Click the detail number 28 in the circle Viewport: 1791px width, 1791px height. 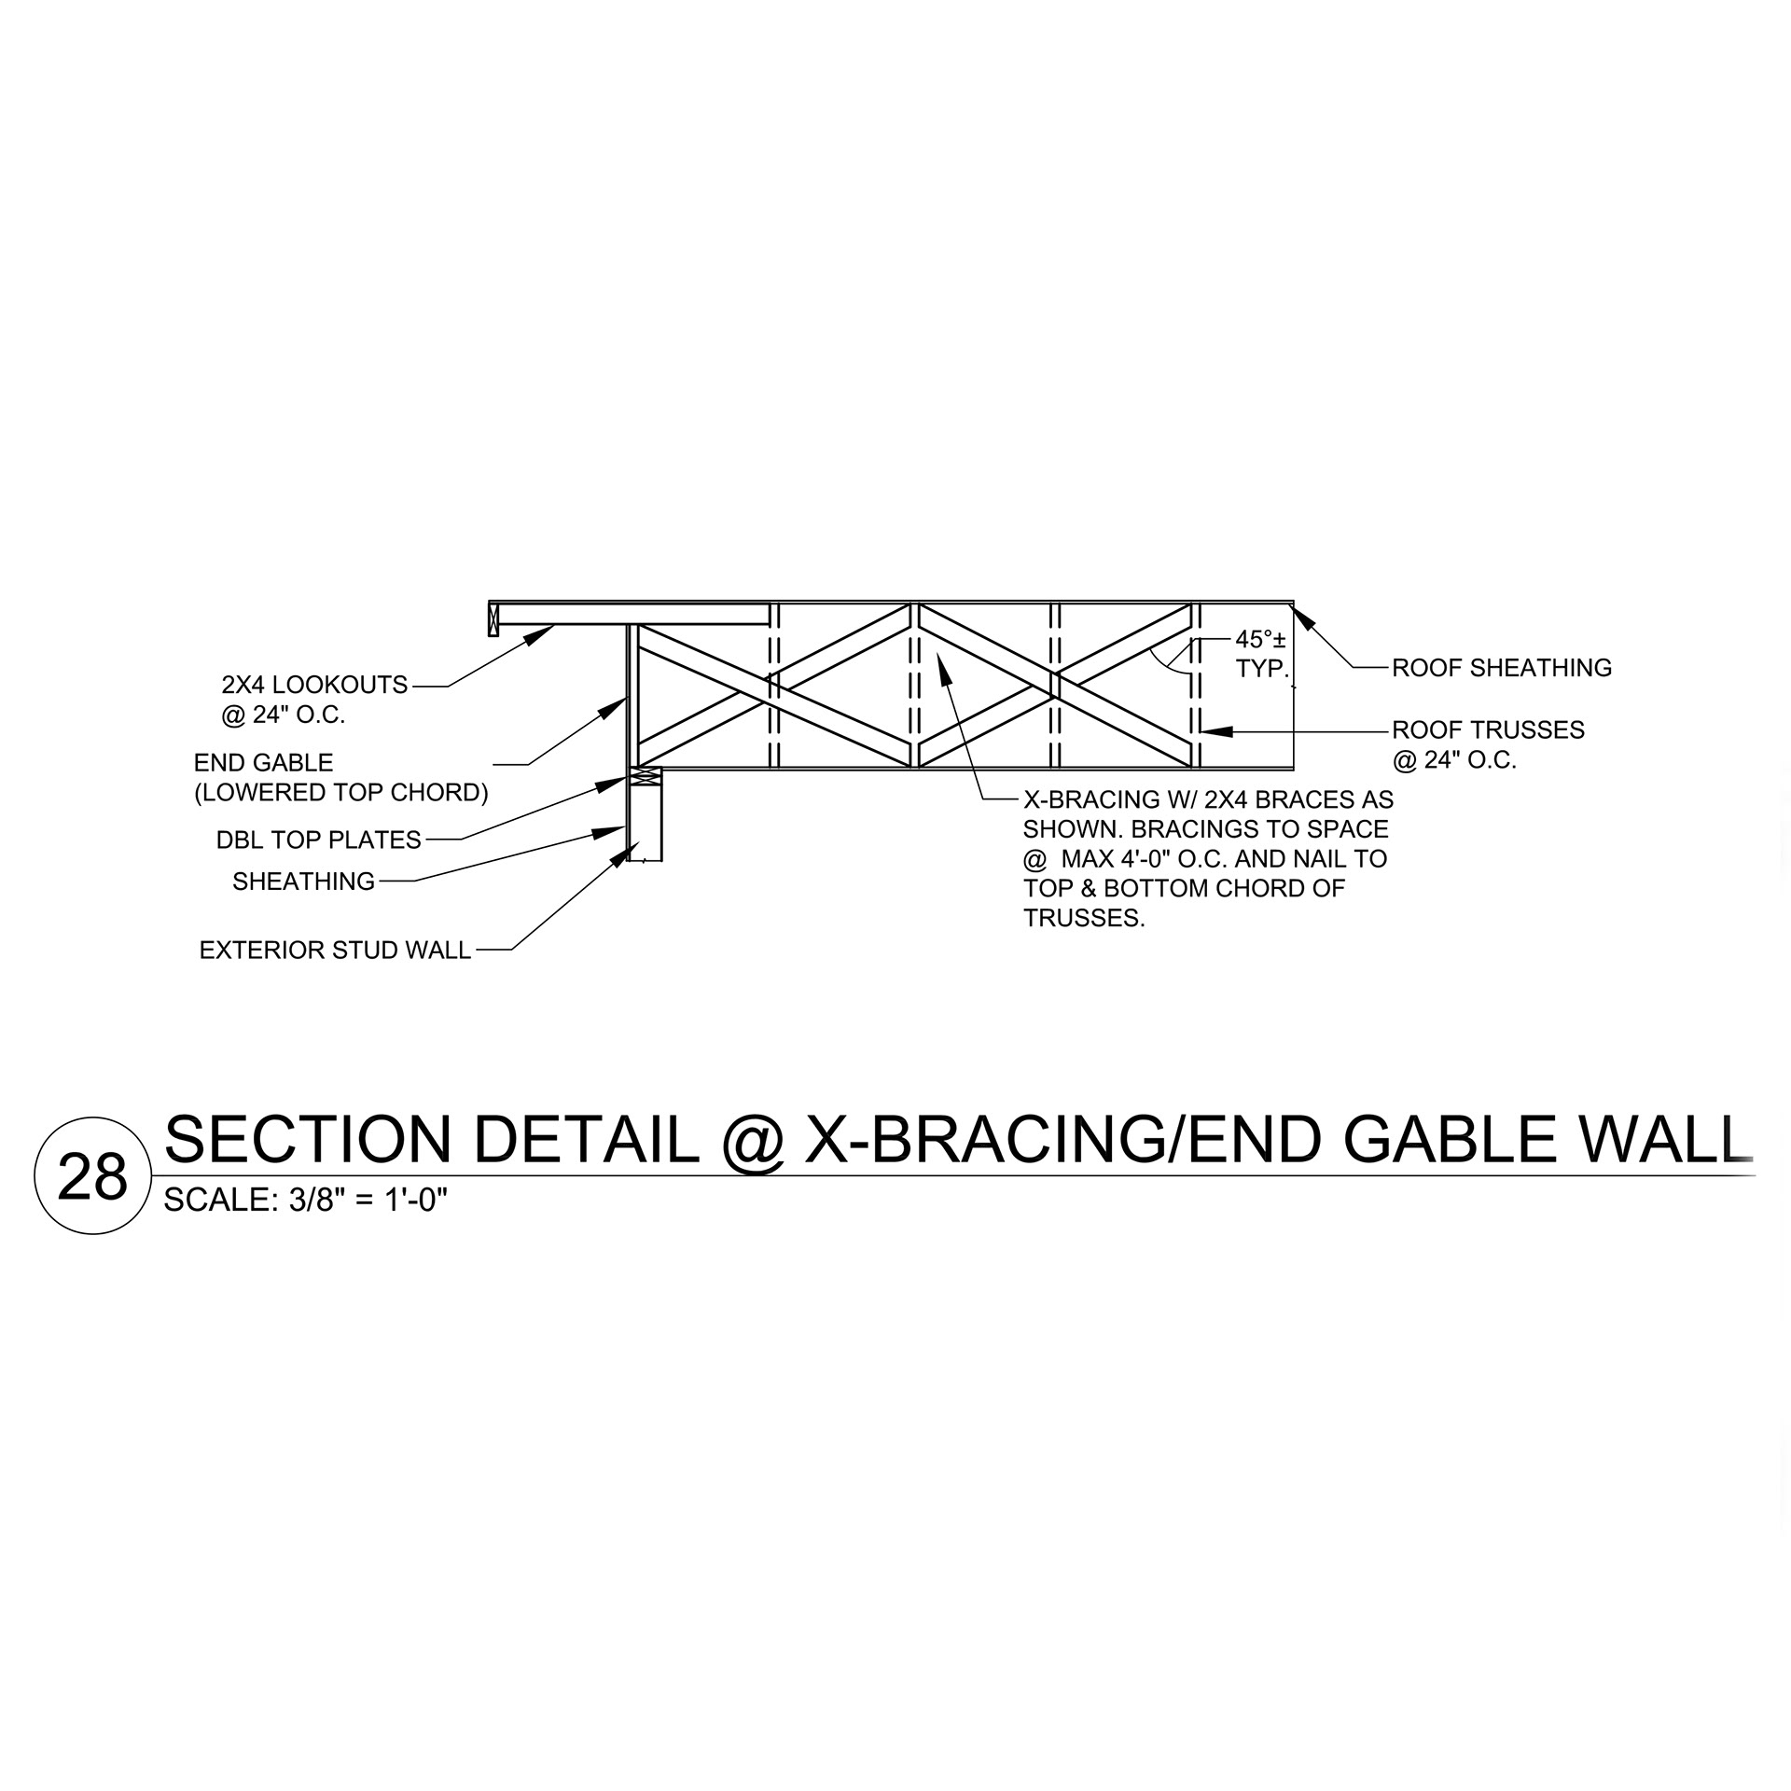coord(91,1178)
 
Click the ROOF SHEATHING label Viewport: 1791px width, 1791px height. coord(1501,668)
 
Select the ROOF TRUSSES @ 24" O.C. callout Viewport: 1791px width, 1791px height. coord(1488,744)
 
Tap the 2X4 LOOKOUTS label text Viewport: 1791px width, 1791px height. coord(314,686)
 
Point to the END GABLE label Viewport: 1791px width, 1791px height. coord(263,763)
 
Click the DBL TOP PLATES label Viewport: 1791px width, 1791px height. coord(318,840)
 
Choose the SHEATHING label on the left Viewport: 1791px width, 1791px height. coord(303,882)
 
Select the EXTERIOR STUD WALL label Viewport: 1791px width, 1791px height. coord(335,951)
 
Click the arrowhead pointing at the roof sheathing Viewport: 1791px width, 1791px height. coord(1302,617)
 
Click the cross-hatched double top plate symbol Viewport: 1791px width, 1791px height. coord(646,775)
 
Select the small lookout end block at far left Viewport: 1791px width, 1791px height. coord(493,619)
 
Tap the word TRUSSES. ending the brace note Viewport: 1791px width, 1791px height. coord(1083,919)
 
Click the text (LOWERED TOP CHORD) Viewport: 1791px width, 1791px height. coord(340,793)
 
